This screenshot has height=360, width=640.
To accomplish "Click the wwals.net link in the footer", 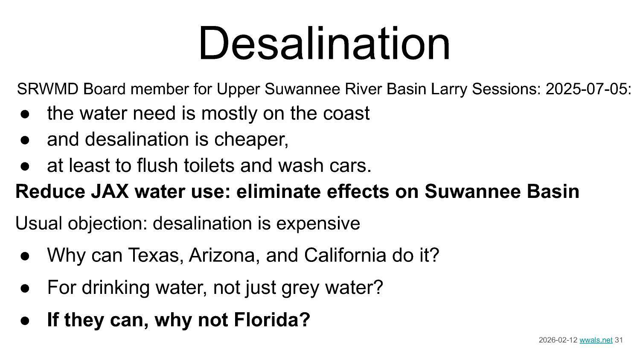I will coord(596,340).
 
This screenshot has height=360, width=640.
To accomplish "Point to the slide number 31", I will coord(619,340).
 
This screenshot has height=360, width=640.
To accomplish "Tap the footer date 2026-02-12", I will coord(558,340).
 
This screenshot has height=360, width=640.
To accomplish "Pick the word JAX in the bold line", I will coord(110,192).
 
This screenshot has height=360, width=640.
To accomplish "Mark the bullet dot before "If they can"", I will coord(25,320).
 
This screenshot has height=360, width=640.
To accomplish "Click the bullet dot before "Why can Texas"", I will coord(25,256).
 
